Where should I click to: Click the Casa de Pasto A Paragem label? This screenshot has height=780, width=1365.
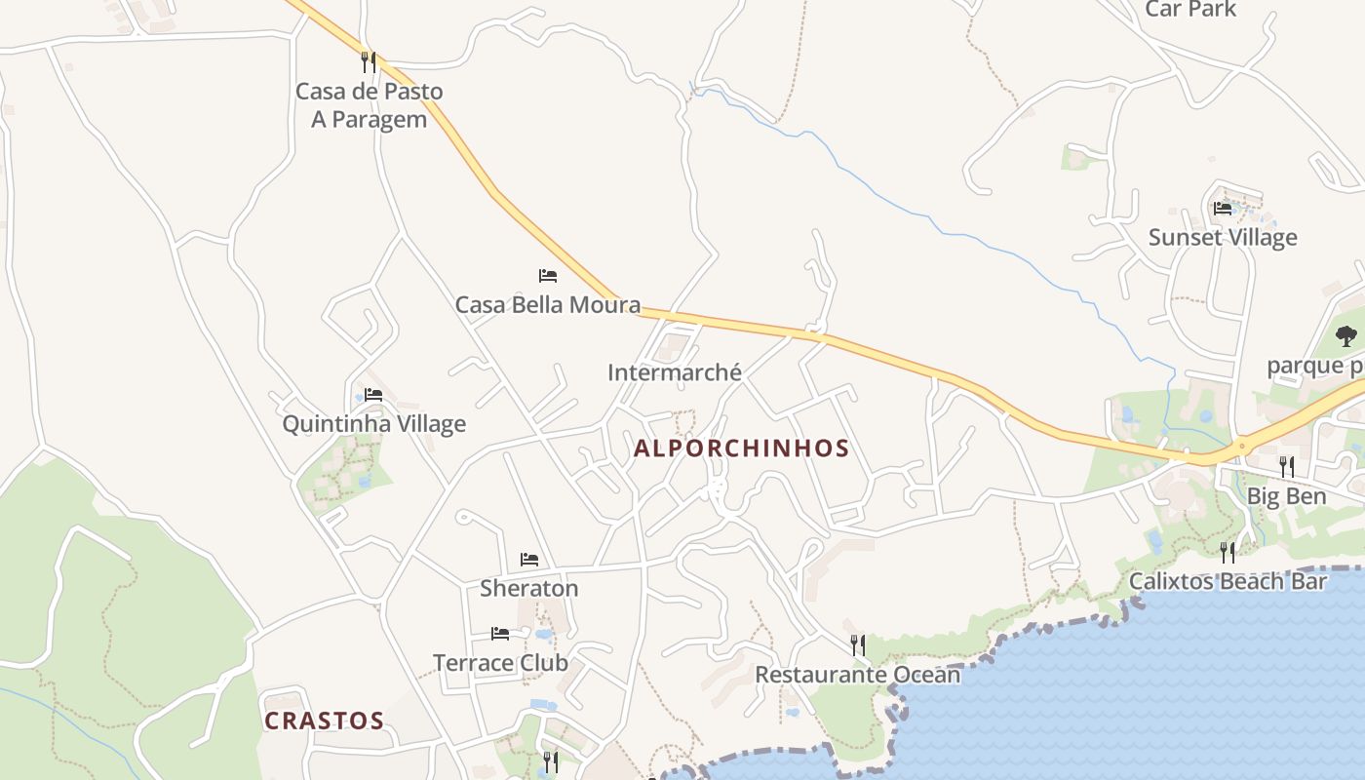pyautogui.click(x=369, y=105)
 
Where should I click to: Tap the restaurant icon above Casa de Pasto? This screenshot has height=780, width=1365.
pyautogui.click(x=369, y=62)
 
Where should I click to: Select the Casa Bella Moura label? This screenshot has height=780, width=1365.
pyautogui.click(x=548, y=305)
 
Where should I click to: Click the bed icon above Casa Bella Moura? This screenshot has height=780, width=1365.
pyautogui.click(x=548, y=276)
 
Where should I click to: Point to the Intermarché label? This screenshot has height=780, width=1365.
pyautogui.click(x=674, y=372)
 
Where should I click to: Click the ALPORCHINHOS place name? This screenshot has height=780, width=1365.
pyautogui.click(x=741, y=448)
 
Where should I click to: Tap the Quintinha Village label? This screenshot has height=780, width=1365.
pyautogui.click(x=373, y=424)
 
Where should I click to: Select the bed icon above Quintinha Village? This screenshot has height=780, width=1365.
pyautogui.click(x=373, y=395)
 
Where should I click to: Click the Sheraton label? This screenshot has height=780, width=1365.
pyautogui.click(x=528, y=588)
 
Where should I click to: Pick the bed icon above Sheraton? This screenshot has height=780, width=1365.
pyautogui.click(x=529, y=560)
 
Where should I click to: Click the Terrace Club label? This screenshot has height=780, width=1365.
pyautogui.click(x=500, y=663)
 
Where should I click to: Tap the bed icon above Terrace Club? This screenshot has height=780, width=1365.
pyautogui.click(x=500, y=634)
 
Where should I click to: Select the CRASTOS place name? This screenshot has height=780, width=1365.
pyautogui.click(x=325, y=721)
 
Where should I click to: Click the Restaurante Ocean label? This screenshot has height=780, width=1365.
pyautogui.click(x=857, y=675)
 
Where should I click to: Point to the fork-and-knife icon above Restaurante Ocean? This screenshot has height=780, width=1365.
pyautogui.click(x=857, y=645)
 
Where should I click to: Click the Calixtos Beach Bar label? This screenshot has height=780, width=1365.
pyautogui.click(x=1228, y=582)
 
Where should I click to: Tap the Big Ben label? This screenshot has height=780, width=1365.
pyautogui.click(x=1286, y=496)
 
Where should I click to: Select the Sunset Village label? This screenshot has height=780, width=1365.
pyautogui.click(x=1223, y=238)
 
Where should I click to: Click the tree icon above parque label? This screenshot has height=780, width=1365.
pyautogui.click(x=1346, y=336)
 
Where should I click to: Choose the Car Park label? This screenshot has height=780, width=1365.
pyautogui.click(x=1189, y=10)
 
